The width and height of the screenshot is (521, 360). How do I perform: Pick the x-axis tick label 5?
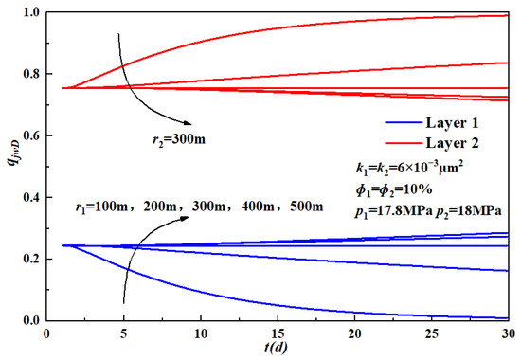[x=123, y=333]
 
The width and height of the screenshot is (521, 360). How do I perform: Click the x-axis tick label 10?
[x=201, y=333]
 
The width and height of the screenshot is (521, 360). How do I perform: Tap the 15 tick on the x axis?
[x=278, y=333]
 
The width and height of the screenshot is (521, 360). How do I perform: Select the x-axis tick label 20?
[x=356, y=333]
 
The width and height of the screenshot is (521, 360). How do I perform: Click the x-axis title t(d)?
[x=278, y=349]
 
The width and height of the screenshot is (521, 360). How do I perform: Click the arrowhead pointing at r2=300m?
[x=189, y=121]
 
